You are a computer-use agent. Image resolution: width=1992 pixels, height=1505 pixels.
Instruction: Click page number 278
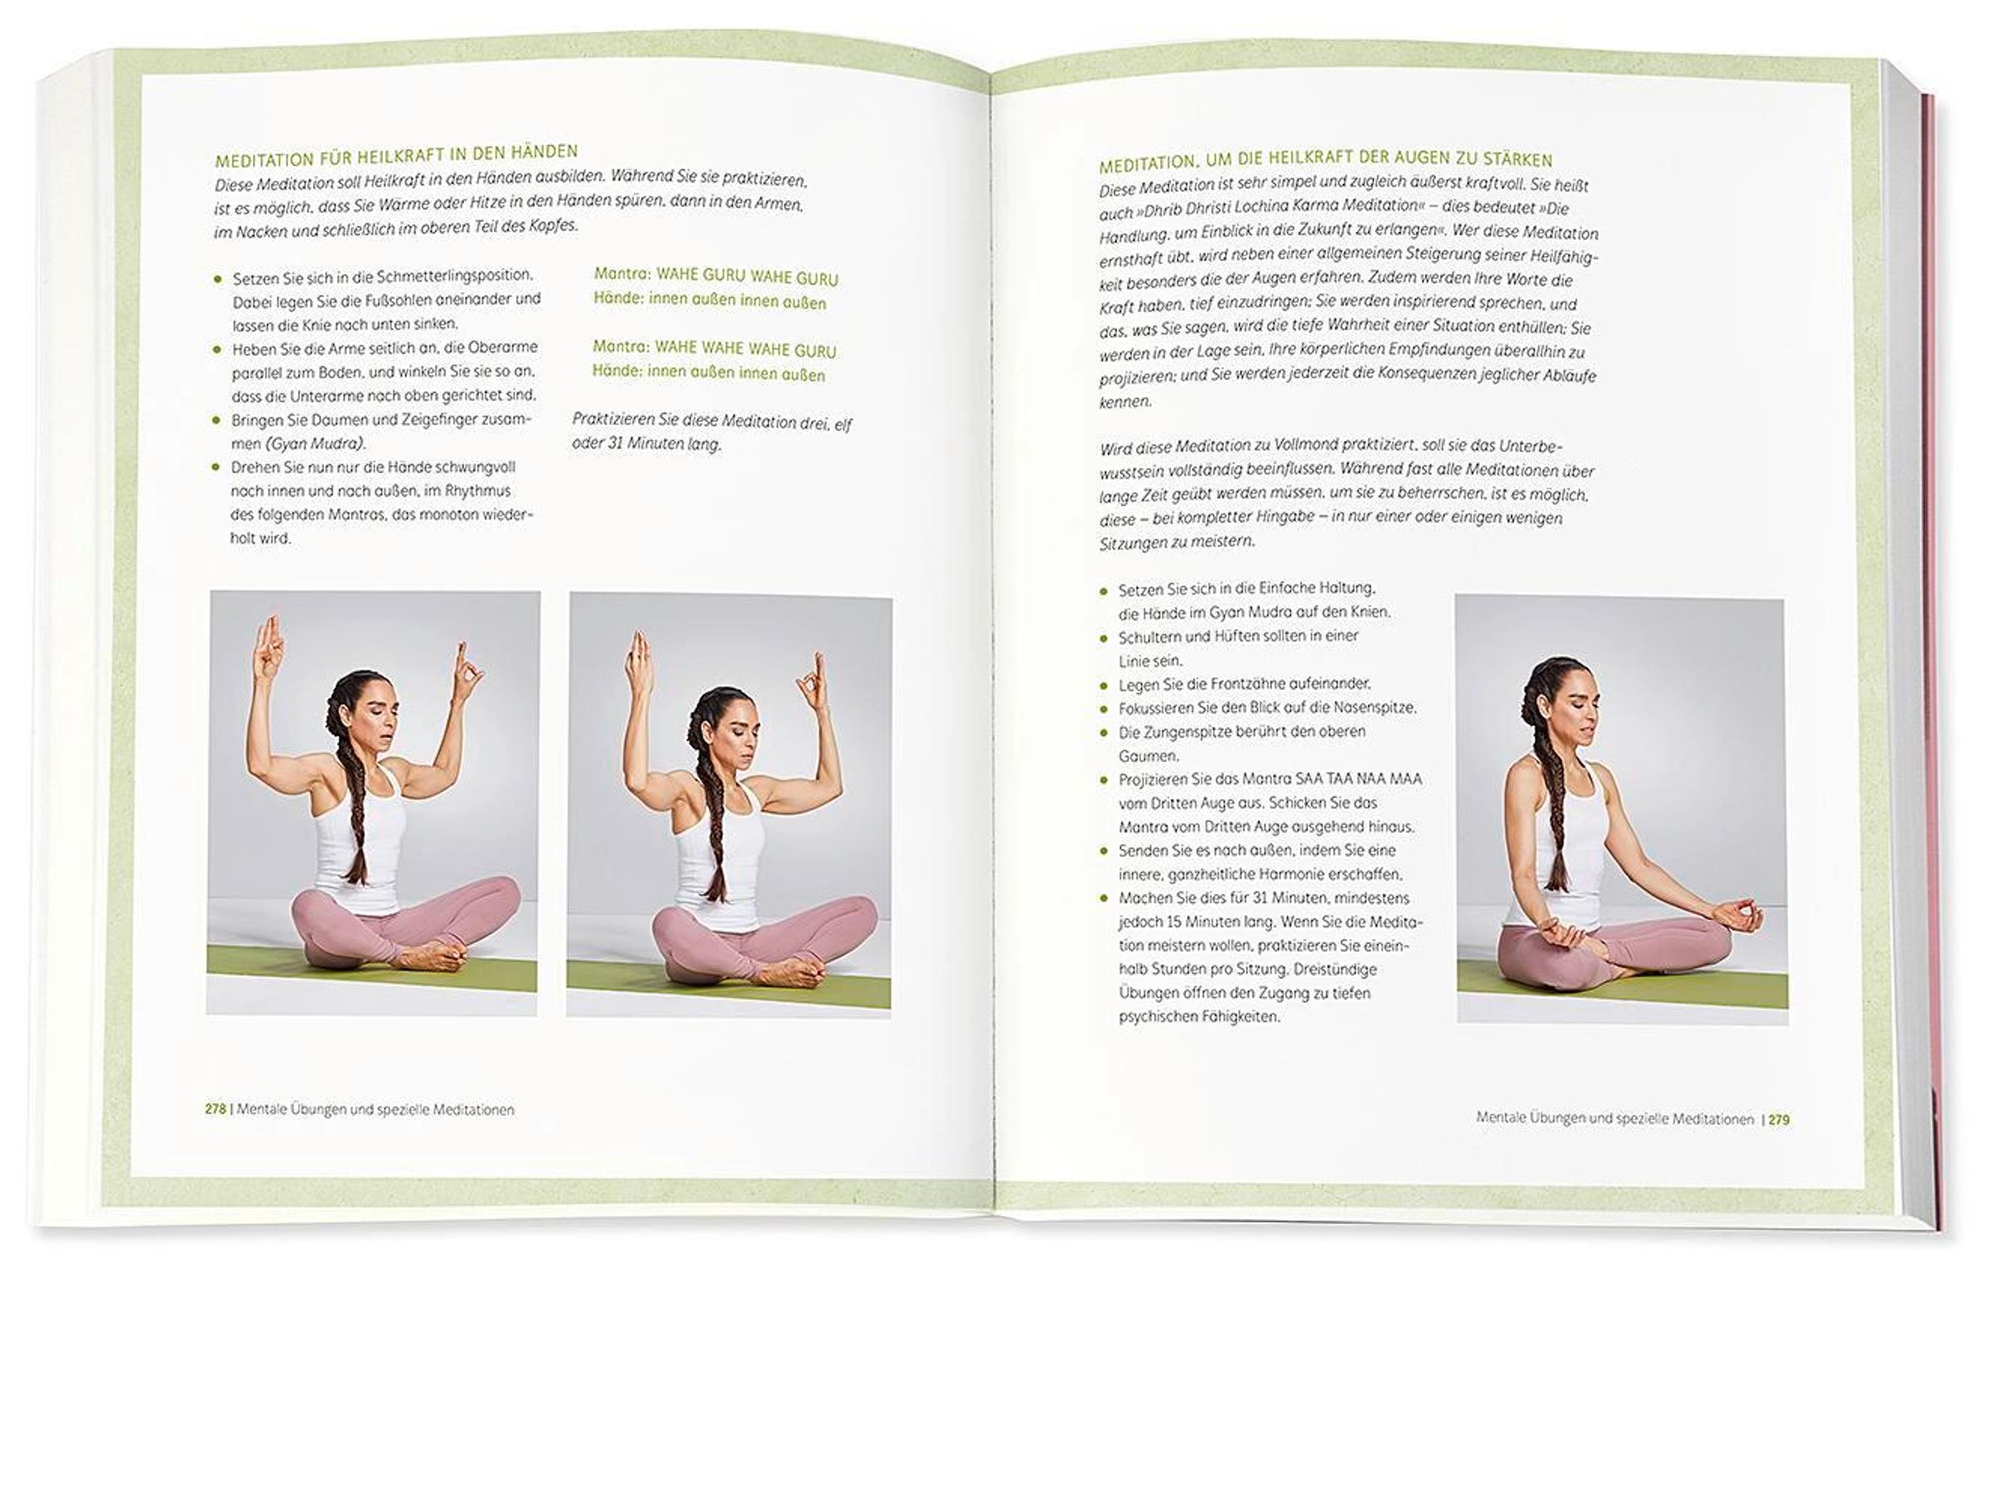click(x=215, y=1109)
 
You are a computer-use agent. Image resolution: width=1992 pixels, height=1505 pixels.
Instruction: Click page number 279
click(x=1779, y=1120)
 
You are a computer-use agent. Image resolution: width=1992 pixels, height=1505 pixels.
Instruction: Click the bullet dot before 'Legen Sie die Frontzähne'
click(x=1103, y=686)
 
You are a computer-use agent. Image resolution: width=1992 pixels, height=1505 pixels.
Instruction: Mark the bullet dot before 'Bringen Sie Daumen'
click(x=216, y=420)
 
